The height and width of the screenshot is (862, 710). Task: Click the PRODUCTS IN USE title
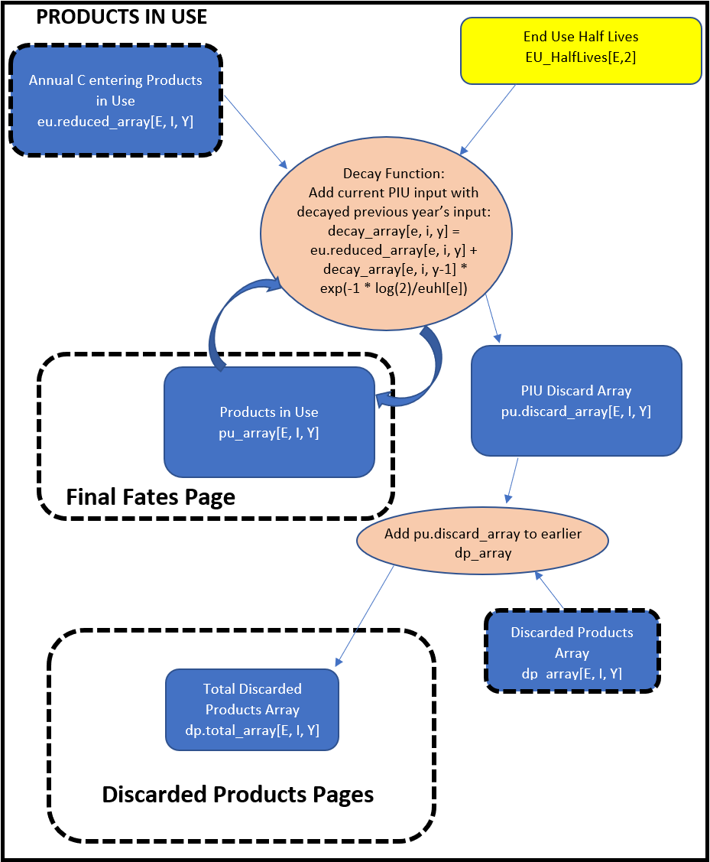point(122,17)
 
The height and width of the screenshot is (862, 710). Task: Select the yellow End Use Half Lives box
point(581,50)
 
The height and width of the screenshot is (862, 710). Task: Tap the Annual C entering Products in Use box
point(116,101)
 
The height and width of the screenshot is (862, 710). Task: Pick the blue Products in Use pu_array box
point(269,422)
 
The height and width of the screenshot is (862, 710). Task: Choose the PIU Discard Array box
point(576,401)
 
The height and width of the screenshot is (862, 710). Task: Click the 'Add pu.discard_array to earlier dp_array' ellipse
point(483,542)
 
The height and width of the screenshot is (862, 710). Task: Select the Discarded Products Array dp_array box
point(572,652)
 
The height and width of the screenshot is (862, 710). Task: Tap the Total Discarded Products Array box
point(252,709)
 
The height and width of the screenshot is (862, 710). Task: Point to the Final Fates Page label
point(151,497)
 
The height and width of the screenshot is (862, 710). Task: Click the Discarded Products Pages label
point(238,795)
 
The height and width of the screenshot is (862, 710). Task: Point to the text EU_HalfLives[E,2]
point(581,58)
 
